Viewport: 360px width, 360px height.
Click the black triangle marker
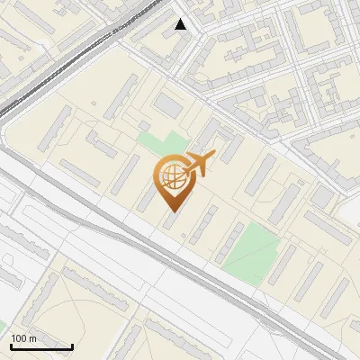pos(181,24)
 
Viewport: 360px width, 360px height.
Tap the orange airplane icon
pos(200,165)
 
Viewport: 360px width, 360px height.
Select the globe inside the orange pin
pos(171,177)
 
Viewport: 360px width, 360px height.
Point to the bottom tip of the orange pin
pos(171,211)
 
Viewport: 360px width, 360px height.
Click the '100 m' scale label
pos(24,338)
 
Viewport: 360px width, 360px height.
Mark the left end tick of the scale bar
pos(11,346)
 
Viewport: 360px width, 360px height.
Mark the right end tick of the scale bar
pos(72,346)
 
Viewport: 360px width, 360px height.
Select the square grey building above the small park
pos(168,106)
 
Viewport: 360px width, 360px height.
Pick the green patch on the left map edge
pos(3,325)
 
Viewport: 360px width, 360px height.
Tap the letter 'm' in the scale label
pos(33,338)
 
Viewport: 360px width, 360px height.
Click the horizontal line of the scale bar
pos(41,347)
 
